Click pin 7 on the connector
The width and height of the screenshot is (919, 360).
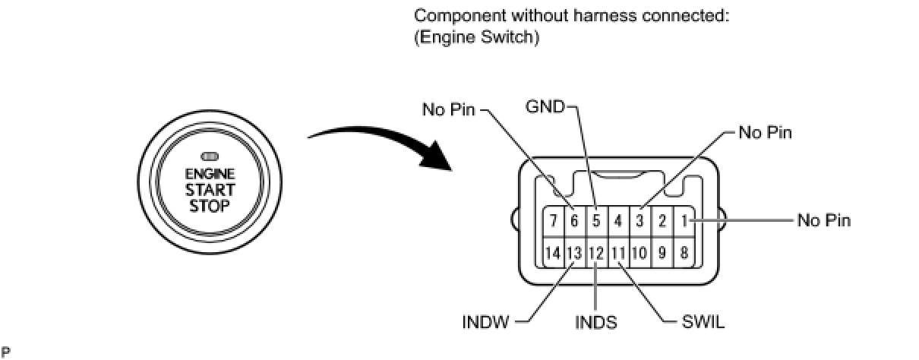[x=554, y=221]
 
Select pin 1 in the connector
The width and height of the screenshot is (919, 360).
[x=684, y=221]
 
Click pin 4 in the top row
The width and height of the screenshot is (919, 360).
[x=618, y=221]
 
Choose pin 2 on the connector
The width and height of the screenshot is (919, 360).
[x=662, y=221]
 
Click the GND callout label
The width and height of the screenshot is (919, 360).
[x=545, y=107]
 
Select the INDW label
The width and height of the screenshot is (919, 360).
[x=486, y=322]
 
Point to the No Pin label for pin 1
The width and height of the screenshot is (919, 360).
[x=824, y=221]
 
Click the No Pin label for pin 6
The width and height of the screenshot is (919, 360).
[x=448, y=110]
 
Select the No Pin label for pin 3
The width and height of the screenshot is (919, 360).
[x=765, y=133]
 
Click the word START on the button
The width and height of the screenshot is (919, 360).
[x=210, y=190]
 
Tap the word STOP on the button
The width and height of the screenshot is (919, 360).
[x=210, y=206]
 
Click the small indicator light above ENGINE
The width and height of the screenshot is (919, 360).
[x=210, y=156]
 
